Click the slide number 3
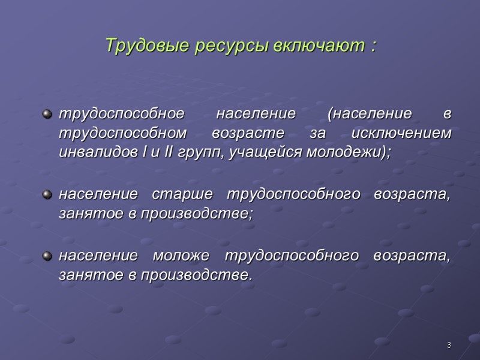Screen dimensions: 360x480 point(448,344)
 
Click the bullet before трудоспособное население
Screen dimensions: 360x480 point(47,113)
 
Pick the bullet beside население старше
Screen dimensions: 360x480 point(47,194)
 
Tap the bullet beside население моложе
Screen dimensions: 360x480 point(47,256)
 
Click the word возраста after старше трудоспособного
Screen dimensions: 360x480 point(411,194)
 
